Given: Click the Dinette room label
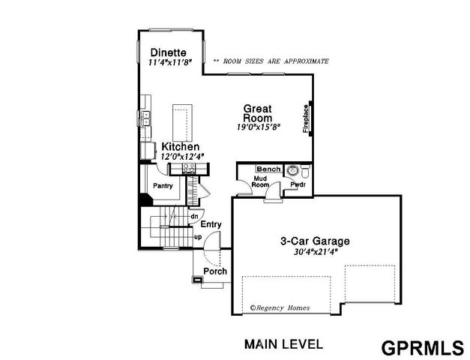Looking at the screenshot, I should pyautogui.click(x=169, y=52).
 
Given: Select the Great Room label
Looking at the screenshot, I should pyautogui.click(x=256, y=113).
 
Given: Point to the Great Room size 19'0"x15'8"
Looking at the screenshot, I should pyautogui.click(x=256, y=127).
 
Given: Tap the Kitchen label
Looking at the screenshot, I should pyautogui.click(x=180, y=146).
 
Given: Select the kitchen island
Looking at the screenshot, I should pyautogui.click(x=181, y=119).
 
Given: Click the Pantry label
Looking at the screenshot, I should pyautogui.click(x=163, y=185).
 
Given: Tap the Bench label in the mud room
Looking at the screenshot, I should pyautogui.click(x=268, y=169).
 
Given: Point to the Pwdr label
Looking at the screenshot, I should pyautogui.click(x=298, y=184).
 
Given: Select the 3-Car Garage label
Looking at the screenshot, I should pyautogui.click(x=315, y=241).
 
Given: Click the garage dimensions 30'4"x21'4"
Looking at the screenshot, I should pyautogui.click(x=315, y=253).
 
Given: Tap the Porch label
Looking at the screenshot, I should pyautogui.click(x=215, y=271).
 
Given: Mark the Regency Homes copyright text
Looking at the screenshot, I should pyautogui.click(x=280, y=307).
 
